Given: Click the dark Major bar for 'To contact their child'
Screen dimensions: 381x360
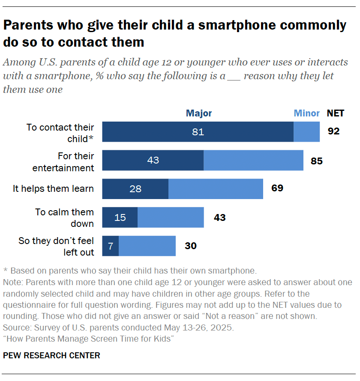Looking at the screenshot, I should pos(198,132).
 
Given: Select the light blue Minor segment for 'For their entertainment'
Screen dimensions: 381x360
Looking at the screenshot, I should pos(253,160).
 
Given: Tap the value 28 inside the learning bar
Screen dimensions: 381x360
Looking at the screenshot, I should pos(135,189).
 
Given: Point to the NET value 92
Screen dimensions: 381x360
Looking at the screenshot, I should pos(333,131).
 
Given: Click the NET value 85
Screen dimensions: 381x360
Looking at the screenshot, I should pos(317,161).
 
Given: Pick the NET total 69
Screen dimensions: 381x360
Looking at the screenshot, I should pos(277,188).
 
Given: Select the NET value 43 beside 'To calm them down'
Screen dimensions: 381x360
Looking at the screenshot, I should pos(219,217).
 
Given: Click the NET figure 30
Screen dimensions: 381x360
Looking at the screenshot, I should pos(190,246).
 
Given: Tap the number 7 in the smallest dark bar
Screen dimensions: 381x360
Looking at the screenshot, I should pos(110,246).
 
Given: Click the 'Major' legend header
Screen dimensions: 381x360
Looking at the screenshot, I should pos(198,113).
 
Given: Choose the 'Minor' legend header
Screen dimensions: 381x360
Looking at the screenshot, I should pos(306,113).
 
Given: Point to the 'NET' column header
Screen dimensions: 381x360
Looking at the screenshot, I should pos(336,113).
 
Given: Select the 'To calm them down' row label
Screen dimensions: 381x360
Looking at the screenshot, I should pos(64,217).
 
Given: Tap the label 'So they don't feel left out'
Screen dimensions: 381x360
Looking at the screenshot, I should pos(56,246).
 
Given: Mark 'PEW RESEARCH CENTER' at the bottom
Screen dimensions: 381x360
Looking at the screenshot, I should pos(51,355).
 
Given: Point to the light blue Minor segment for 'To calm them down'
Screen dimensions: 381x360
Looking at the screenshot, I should pos(171,217).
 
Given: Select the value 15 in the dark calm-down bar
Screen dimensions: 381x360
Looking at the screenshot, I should pos(120,217).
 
